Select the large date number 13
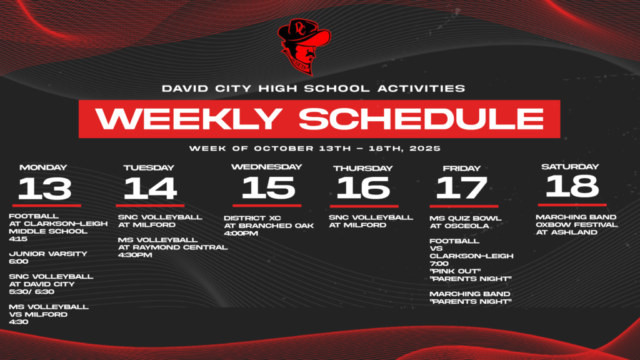(45, 188)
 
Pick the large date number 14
(150, 188)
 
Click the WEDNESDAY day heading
(266, 167)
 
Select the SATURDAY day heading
(570, 167)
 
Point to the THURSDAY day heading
(363, 168)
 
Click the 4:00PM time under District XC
(241, 233)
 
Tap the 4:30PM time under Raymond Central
(135, 254)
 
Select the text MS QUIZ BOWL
(465, 218)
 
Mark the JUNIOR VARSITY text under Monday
(47, 254)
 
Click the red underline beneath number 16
(364, 206)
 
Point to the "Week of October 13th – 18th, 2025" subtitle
(316, 149)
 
